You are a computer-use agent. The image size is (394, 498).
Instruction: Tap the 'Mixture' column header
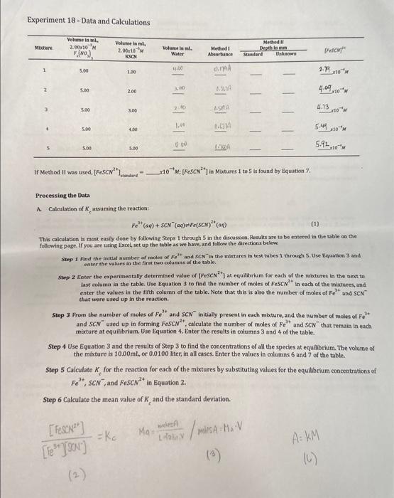(x=44, y=48)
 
